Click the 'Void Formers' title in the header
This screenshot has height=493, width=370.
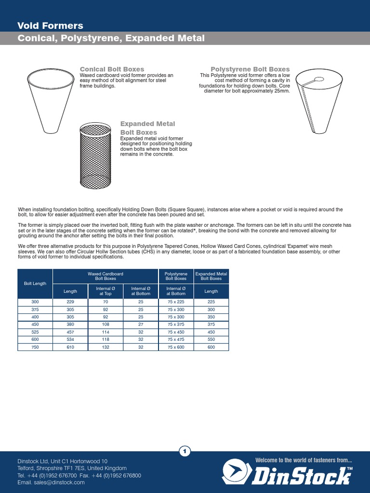point(51,26)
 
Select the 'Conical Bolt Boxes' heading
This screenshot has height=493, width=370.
point(112,69)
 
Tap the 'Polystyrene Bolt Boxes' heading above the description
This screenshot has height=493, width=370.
point(250,69)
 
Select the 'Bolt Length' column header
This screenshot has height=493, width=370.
point(35,284)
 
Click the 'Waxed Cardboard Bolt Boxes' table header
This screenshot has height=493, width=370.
point(106,276)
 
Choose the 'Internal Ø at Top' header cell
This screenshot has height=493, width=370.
point(106,291)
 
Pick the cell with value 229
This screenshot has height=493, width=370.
point(70,301)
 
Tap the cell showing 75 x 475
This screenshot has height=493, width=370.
point(176,339)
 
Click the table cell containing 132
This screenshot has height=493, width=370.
point(106,347)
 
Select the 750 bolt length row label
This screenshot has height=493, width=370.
point(35,347)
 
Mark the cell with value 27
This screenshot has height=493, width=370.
point(141,324)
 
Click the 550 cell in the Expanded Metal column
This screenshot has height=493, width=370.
point(211,339)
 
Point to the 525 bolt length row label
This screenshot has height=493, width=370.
point(35,332)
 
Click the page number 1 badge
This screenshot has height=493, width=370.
point(185,451)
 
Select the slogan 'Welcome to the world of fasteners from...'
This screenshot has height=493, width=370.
point(304,461)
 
